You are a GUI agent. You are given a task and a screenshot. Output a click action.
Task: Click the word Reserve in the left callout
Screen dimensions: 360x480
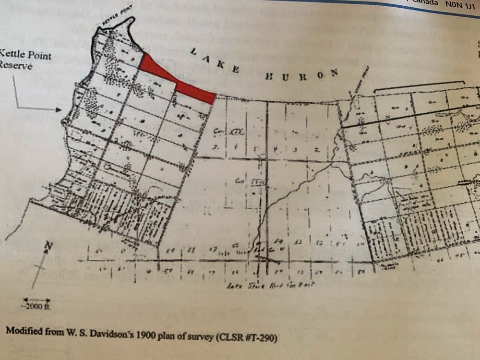click(16, 66)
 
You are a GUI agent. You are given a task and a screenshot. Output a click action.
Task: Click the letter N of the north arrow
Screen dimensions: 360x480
click(48, 246)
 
